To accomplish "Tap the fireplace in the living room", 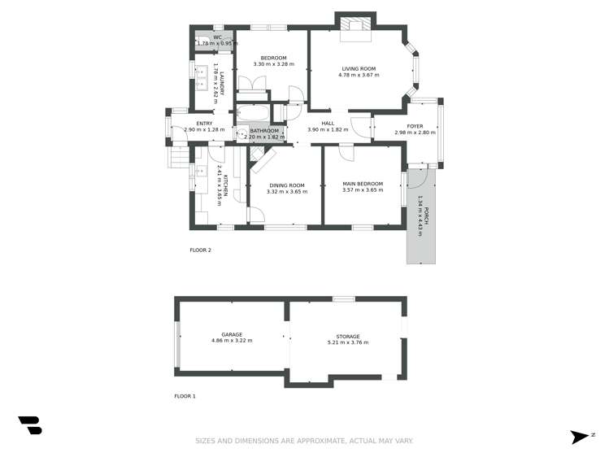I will tap(355, 25).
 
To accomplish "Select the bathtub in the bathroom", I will tap(253, 114).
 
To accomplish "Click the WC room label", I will tap(217, 37).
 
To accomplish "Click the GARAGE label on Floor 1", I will tap(232, 334).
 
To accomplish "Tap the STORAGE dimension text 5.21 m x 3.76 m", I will tap(347, 342).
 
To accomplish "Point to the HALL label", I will tap(328, 124).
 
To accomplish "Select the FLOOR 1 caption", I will tap(185, 396).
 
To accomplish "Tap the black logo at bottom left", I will tap(29, 425).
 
